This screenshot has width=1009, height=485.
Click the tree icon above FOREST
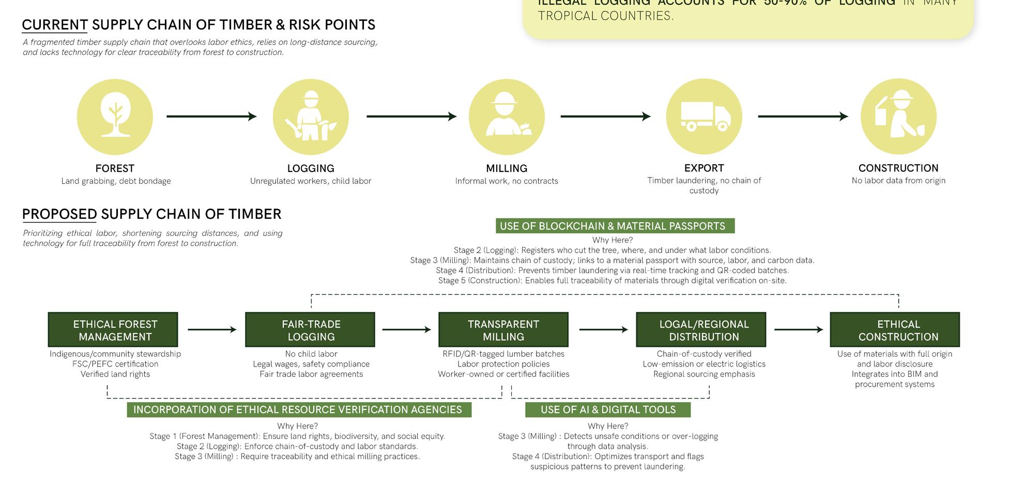115,116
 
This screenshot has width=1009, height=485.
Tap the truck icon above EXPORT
704,116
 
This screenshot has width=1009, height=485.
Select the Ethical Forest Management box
113,330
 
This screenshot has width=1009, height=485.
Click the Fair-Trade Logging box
310,330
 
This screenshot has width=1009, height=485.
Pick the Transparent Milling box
503,330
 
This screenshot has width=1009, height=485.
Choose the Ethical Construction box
894,330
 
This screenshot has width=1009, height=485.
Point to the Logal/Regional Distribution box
700,330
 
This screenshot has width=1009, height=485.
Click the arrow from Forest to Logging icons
211,116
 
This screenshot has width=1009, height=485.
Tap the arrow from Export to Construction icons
803,116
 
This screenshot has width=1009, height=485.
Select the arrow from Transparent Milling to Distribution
603,330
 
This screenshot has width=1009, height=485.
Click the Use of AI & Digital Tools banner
608,410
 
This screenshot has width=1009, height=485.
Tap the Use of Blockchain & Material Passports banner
615,226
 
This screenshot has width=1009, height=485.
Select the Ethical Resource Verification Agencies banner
299,410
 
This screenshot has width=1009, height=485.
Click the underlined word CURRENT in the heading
55,25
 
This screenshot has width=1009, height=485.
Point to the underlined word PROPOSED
59,214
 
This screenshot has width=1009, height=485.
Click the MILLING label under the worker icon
507,169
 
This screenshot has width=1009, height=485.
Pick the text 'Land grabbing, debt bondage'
116,181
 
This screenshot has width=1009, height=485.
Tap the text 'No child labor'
311,354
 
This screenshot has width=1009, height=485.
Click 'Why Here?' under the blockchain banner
613,240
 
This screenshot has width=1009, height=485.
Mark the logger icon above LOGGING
311,116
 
